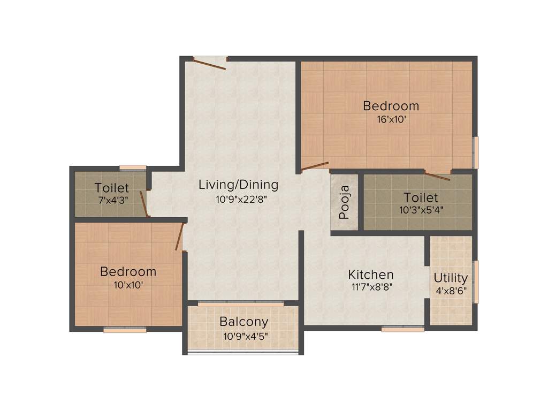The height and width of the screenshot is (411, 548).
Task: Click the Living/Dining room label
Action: click(238, 185)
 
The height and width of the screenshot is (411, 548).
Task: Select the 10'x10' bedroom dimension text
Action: click(128, 285)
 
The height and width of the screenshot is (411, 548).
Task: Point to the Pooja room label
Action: click(345, 202)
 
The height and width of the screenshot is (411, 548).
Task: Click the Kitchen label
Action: click(371, 275)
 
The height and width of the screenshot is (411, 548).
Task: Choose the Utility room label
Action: click(451, 278)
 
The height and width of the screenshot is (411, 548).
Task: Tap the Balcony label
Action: click(243, 322)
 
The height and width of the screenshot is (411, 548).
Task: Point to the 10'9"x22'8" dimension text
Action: click(238, 199)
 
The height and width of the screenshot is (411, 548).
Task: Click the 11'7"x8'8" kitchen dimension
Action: click(371, 287)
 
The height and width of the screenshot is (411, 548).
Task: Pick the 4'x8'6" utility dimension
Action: click(451, 291)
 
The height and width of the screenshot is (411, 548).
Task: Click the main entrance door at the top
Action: click(210, 64)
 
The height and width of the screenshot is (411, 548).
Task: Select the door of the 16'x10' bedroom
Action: click(315, 166)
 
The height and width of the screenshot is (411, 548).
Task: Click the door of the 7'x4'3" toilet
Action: click(143, 203)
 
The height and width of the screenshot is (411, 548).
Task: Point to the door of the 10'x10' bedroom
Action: click(180, 237)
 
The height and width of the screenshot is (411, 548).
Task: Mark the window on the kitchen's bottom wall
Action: click(403, 329)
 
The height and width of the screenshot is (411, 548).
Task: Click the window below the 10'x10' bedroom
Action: click(125, 330)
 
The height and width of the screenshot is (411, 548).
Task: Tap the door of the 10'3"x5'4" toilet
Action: click(437, 175)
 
